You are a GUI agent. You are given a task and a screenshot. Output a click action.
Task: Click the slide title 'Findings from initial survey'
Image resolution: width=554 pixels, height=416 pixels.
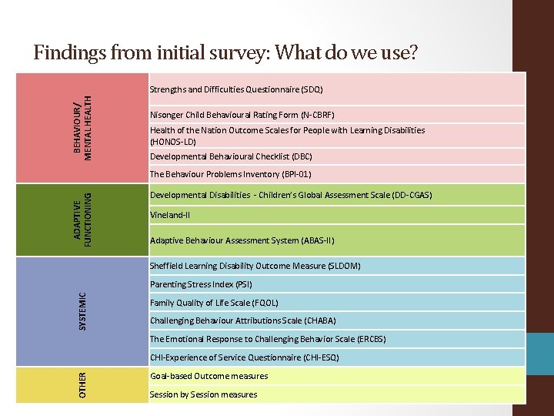[x=225, y=52]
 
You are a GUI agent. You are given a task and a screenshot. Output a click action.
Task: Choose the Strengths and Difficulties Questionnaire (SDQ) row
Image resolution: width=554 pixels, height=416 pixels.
[x=236, y=89]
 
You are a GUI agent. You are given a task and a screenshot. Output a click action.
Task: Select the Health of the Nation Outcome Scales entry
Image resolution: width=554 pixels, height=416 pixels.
[x=287, y=136]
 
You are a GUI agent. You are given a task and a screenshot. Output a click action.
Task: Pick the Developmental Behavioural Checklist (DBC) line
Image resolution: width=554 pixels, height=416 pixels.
[x=231, y=156]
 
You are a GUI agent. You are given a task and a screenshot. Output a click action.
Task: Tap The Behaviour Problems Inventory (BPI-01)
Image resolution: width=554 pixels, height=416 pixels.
[x=230, y=174]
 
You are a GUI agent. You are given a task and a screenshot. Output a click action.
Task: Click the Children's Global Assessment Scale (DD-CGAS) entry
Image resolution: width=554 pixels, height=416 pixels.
[x=291, y=195]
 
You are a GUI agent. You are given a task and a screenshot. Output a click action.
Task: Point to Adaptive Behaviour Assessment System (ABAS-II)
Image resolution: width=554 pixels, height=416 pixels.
[x=242, y=240]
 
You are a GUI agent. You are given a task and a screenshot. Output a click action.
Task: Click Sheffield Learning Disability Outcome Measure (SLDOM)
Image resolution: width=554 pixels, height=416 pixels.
[x=255, y=267]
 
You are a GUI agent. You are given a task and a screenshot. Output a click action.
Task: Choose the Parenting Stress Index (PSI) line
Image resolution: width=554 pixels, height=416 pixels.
[x=201, y=284]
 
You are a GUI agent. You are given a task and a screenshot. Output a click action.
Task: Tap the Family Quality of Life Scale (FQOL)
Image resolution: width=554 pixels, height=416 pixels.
[x=214, y=303]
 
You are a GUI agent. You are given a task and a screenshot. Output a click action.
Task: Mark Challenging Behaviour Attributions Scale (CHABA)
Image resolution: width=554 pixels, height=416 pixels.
[x=242, y=320]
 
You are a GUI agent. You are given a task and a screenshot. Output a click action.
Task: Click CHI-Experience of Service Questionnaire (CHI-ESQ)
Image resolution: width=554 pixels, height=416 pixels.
[x=244, y=357]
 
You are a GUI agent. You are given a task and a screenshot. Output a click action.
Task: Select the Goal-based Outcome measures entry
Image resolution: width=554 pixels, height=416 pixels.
[x=209, y=376]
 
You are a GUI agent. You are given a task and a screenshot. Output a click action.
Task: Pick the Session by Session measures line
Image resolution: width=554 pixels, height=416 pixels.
[x=203, y=394]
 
